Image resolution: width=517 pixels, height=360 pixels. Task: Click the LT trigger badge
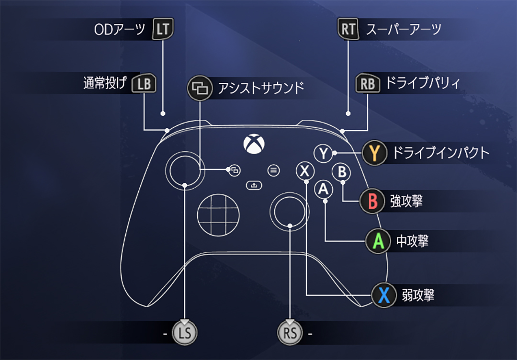coord(163,30)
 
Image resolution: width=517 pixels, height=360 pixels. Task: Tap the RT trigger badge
coord(348,30)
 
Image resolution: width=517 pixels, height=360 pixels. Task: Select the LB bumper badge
coord(144,84)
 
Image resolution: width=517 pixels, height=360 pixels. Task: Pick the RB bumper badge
coord(367,84)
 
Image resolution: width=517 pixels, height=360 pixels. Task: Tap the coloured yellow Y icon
coord(374,153)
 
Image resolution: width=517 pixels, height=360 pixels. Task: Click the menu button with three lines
coord(273,170)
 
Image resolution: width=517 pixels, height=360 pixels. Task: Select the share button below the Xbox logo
coord(254,185)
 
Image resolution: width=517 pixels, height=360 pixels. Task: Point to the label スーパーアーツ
coord(403,30)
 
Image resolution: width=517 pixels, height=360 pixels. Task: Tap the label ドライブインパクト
coord(441,153)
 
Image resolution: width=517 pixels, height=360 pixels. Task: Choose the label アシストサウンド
coord(261,88)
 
